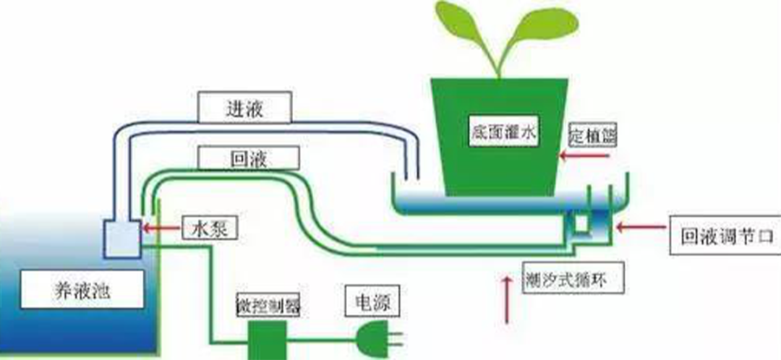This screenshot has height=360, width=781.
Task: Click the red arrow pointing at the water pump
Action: click(x=161, y=228)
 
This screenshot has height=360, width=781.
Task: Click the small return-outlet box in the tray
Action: click(x=580, y=223)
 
